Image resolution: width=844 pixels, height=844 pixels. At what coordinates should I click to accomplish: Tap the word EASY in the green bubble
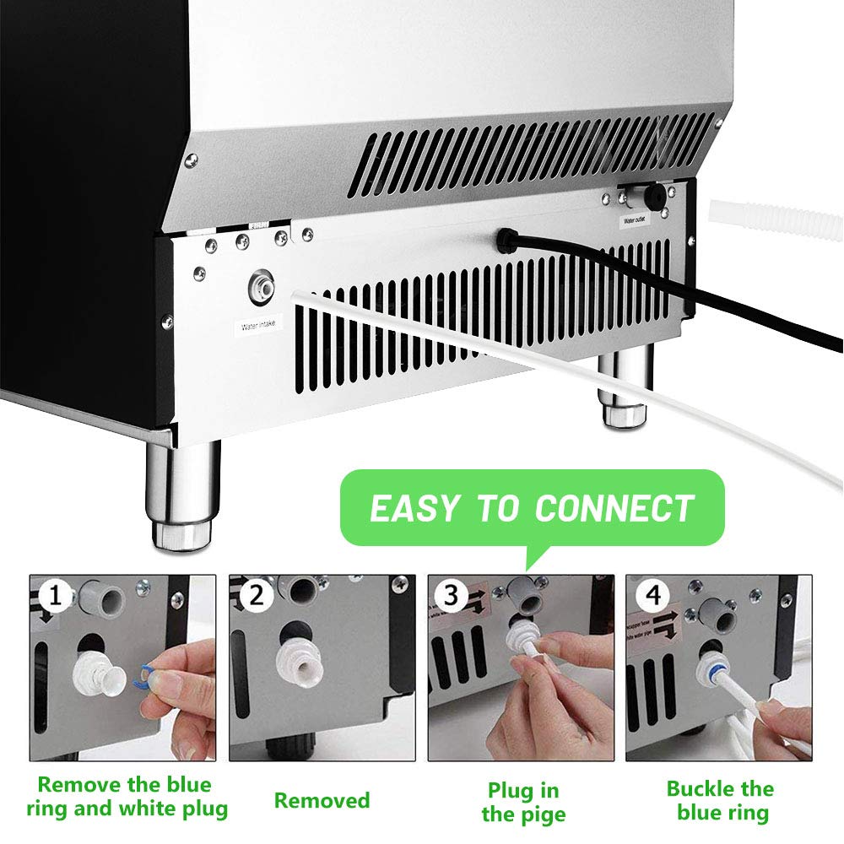pos(416,509)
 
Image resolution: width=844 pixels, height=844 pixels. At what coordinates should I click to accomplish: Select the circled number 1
pos(56,598)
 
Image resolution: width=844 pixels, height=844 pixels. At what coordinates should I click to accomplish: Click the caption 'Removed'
pos(322,800)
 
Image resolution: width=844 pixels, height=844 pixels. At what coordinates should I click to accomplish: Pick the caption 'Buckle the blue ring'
pos(719,801)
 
